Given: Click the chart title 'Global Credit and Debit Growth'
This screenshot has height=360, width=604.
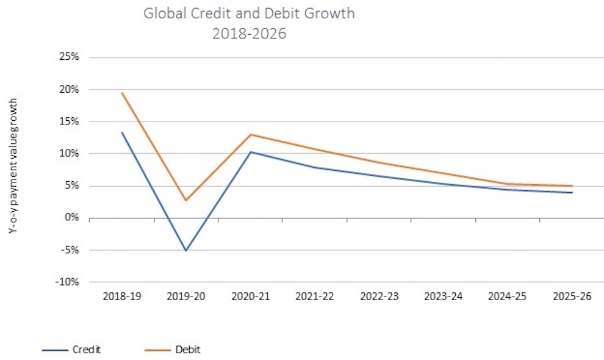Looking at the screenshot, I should (249, 13).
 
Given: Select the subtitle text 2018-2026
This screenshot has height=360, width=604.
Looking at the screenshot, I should (249, 34).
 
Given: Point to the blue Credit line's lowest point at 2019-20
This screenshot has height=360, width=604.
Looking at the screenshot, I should (186, 251).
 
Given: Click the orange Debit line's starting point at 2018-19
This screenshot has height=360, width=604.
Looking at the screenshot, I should (122, 93).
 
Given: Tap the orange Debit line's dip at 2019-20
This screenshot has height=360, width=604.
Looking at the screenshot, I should (186, 200).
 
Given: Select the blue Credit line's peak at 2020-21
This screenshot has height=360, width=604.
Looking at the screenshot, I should (251, 152).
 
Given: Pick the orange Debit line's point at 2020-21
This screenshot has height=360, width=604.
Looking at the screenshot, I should (251, 134).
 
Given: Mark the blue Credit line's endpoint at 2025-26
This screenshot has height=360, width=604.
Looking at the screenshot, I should (572, 193).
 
